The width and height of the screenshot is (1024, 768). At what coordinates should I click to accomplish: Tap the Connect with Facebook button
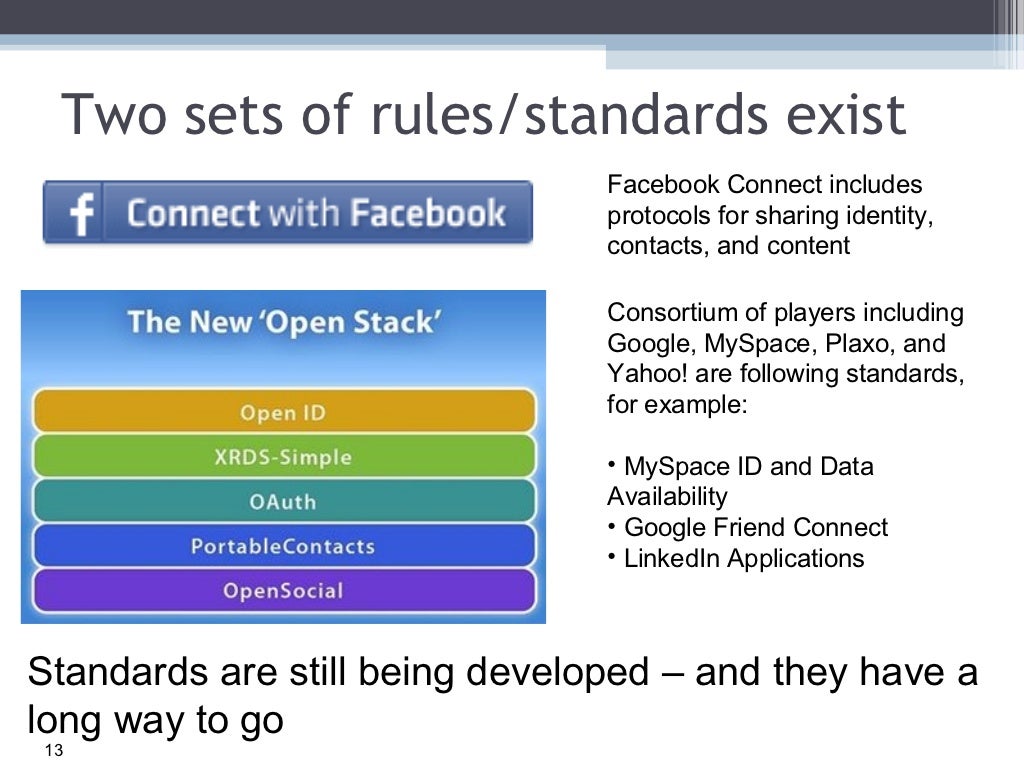click(x=288, y=213)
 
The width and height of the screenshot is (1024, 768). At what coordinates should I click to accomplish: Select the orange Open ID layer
click(x=283, y=412)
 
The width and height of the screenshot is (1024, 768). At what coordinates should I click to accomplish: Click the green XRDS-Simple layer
click(x=283, y=457)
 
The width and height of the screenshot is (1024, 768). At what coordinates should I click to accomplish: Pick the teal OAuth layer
click(x=283, y=501)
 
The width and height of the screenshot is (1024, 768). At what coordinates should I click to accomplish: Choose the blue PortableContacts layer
click(x=283, y=546)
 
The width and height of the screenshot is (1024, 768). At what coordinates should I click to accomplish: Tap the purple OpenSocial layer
click(x=283, y=590)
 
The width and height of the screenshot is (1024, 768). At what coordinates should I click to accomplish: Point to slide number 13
click(x=53, y=752)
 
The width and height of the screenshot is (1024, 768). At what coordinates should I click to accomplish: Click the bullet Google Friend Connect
click(x=755, y=527)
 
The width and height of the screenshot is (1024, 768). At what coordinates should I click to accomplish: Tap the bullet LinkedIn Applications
click(x=743, y=558)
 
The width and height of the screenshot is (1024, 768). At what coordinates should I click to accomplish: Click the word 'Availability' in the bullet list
click(x=667, y=496)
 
